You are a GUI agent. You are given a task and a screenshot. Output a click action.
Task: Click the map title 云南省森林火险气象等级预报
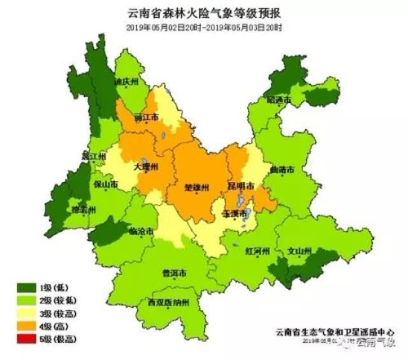coord(205,12)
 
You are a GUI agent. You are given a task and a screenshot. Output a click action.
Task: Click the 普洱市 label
coord(174,273)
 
